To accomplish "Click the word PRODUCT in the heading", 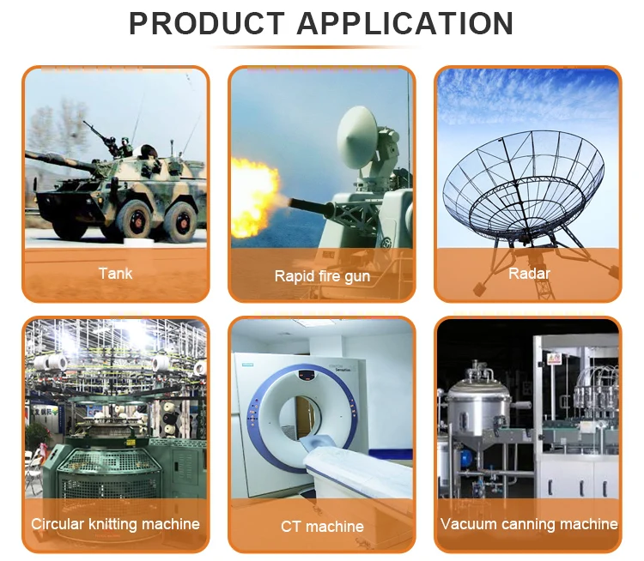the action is click(x=207, y=23).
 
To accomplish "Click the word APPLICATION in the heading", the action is click(x=405, y=23).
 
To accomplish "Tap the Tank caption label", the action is click(x=115, y=274).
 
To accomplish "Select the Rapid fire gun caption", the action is click(x=322, y=276).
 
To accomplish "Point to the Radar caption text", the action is click(x=529, y=274).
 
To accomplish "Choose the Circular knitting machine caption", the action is click(x=115, y=524).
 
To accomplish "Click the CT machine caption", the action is click(x=322, y=527).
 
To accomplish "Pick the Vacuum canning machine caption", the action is click(x=529, y=524).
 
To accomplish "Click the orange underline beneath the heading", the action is click(x=316, y=47).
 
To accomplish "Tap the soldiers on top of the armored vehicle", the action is click(x=119, y=147).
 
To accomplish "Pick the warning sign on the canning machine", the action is click(x=555, y=359).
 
